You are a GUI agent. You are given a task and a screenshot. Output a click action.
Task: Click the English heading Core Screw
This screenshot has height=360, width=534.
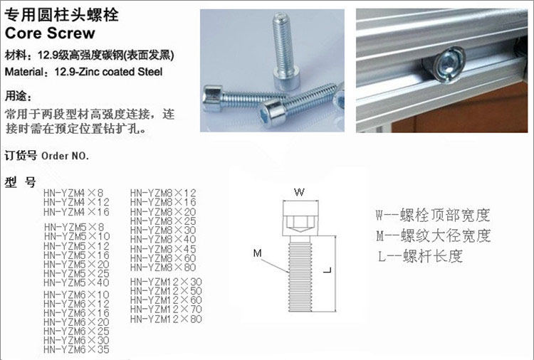coord(50,33)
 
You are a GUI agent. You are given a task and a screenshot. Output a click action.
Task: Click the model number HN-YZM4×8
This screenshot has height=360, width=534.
coord(73,193)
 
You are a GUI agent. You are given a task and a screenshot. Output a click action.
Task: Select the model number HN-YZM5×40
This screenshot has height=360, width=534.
coord(76,282)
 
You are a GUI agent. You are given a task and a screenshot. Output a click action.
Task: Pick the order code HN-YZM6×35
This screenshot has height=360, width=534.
coord(76,349)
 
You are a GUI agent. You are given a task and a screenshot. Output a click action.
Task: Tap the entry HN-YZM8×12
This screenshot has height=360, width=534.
coord(163,193)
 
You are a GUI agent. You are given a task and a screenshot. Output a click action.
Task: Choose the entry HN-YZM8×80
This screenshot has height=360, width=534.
coord(163,267)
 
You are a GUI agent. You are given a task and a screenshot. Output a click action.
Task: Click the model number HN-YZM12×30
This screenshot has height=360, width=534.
coord(166,282)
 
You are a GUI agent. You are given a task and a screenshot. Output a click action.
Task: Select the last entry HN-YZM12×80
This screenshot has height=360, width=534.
coord(166,319)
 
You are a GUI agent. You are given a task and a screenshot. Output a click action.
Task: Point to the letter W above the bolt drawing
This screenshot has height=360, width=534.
coord(299,192)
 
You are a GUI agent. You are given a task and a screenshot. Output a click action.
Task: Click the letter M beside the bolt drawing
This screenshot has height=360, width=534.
coord(258,253)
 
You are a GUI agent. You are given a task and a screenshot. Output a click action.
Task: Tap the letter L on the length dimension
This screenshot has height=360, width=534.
coord(328,270)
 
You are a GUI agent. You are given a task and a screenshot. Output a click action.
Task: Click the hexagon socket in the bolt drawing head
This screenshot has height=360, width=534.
coord(300,223)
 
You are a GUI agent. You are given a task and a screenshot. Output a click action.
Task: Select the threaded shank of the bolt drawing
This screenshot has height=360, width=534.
coord(300,274)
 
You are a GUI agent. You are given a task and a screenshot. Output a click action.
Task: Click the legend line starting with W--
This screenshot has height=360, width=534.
coord(432,215)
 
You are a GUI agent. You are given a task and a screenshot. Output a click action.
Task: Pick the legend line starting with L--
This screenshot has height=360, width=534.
coord(420,256)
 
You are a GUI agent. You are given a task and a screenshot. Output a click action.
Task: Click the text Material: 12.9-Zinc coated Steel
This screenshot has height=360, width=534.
coord(83,72)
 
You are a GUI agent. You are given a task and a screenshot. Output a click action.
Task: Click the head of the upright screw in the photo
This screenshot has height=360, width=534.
coord(287,78)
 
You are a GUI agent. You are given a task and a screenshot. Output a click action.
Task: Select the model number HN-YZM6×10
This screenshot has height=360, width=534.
coord(76,295)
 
